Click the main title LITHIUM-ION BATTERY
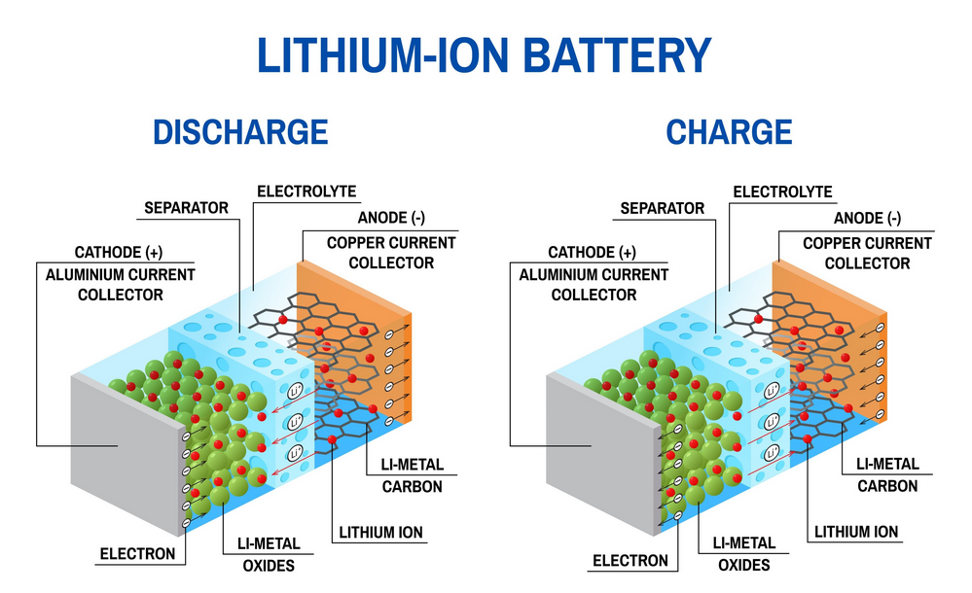(x=484, y=55)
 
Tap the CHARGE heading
(x=728, y=131)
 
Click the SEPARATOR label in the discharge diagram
(x=186, y=208)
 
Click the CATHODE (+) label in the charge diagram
(x=592, y=253)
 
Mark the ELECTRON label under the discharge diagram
(x=137, y=554)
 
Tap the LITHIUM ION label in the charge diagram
(x=856, y=532)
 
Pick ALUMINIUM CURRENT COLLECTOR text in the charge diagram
(x=594, y=285)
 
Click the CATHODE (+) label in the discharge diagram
(x=119, y=253)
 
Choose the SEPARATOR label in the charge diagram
(x=662, y=208)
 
